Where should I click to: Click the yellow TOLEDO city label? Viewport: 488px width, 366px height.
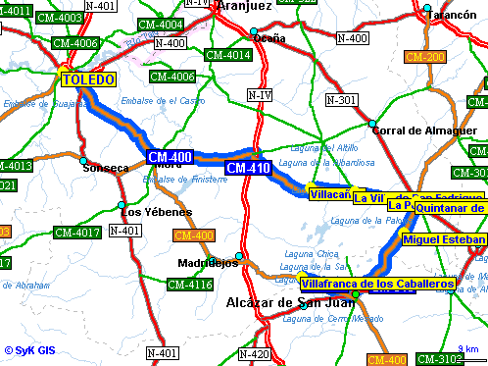88,78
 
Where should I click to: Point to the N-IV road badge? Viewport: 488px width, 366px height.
259,94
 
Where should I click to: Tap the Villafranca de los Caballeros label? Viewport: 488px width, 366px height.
371,284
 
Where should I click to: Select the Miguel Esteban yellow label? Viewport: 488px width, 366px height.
444,239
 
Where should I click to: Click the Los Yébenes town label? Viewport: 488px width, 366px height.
143,212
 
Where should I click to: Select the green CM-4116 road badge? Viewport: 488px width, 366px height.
189,285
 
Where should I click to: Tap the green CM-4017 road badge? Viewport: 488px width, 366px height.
76,233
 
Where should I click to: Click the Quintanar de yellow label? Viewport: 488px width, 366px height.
450,207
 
